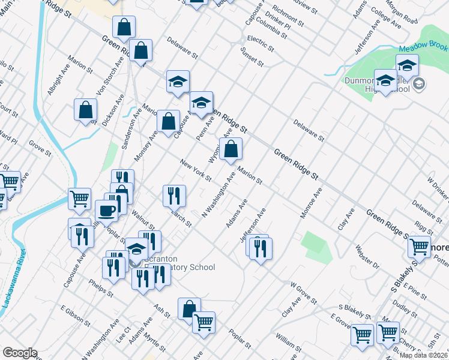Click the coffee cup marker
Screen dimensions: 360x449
click(x=107, y=211)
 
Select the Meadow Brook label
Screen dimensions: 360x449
click(x=423, y=46)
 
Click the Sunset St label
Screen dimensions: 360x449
click(x=252, y=57)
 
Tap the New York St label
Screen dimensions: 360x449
click(x=196, y=170)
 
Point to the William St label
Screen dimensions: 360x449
click(x=289, y=344)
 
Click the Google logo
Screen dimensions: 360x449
click(x=19, y=353)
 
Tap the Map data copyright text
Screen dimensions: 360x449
click(x=423, y=355)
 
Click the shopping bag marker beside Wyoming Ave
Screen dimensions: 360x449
click(x=231, y=150)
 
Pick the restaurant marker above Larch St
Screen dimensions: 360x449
click(x=174, y=195)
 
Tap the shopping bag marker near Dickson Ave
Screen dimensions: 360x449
click(x=86, y=110)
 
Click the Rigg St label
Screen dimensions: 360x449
click(x=423, y=229)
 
